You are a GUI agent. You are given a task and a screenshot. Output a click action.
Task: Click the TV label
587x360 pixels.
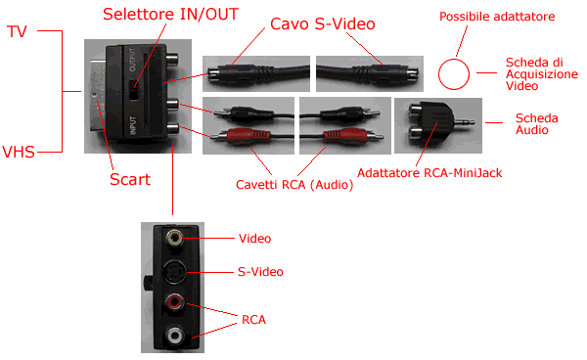pyautogui.click(x=17, y=32)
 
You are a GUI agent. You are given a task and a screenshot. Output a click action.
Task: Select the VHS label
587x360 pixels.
pyautogui.click(x=19, y=152)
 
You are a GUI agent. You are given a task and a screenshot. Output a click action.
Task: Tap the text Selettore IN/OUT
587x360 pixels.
pyautogui.click(x=170, y=15)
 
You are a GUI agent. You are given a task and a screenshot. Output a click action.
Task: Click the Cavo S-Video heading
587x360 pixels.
pyautogui.click(x=322, y=23)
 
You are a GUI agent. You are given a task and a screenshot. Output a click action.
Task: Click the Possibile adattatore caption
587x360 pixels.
pyautogui.click(x=497, y=17)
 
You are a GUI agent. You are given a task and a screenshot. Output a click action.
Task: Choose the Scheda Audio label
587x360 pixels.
pyautogui.click(x=537, y=124)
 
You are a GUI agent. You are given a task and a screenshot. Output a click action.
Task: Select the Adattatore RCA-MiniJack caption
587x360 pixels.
pyautogui.click(x=429, y=173)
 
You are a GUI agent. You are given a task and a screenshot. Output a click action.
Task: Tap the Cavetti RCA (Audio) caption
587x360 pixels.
pyautogui.click(x=294, y=185)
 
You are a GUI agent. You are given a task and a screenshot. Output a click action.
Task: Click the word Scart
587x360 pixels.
pyautogui.click(x=130, y=180)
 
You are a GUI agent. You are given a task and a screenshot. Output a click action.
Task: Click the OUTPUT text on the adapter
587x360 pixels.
pyautogui.click(x=132, y=60)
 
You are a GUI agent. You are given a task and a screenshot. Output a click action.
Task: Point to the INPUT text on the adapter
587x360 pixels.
pyautogui.click(x=132, y=125)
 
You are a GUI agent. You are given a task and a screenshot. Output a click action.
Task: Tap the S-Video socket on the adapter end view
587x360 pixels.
pyautogui.click(x=175, y=272)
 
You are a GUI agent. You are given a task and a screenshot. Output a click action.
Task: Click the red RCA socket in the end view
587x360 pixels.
pyautogui.click(x=174, y=301)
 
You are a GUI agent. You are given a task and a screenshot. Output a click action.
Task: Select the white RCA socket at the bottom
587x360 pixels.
pyautogui.click(x=175, y=335)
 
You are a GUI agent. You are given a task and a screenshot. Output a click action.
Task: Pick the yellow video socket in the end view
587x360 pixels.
pyautogui.click(x=175, y=238)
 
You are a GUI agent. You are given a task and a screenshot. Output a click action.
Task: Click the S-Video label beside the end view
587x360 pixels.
pyautogui.click(x=260, y=272)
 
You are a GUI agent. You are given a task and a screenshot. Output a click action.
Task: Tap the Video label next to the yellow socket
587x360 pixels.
pyautogui.click(x=255, y=239)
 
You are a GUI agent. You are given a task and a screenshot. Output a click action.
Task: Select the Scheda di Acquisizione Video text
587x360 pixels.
pyautogui.click(x=542, y=74)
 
